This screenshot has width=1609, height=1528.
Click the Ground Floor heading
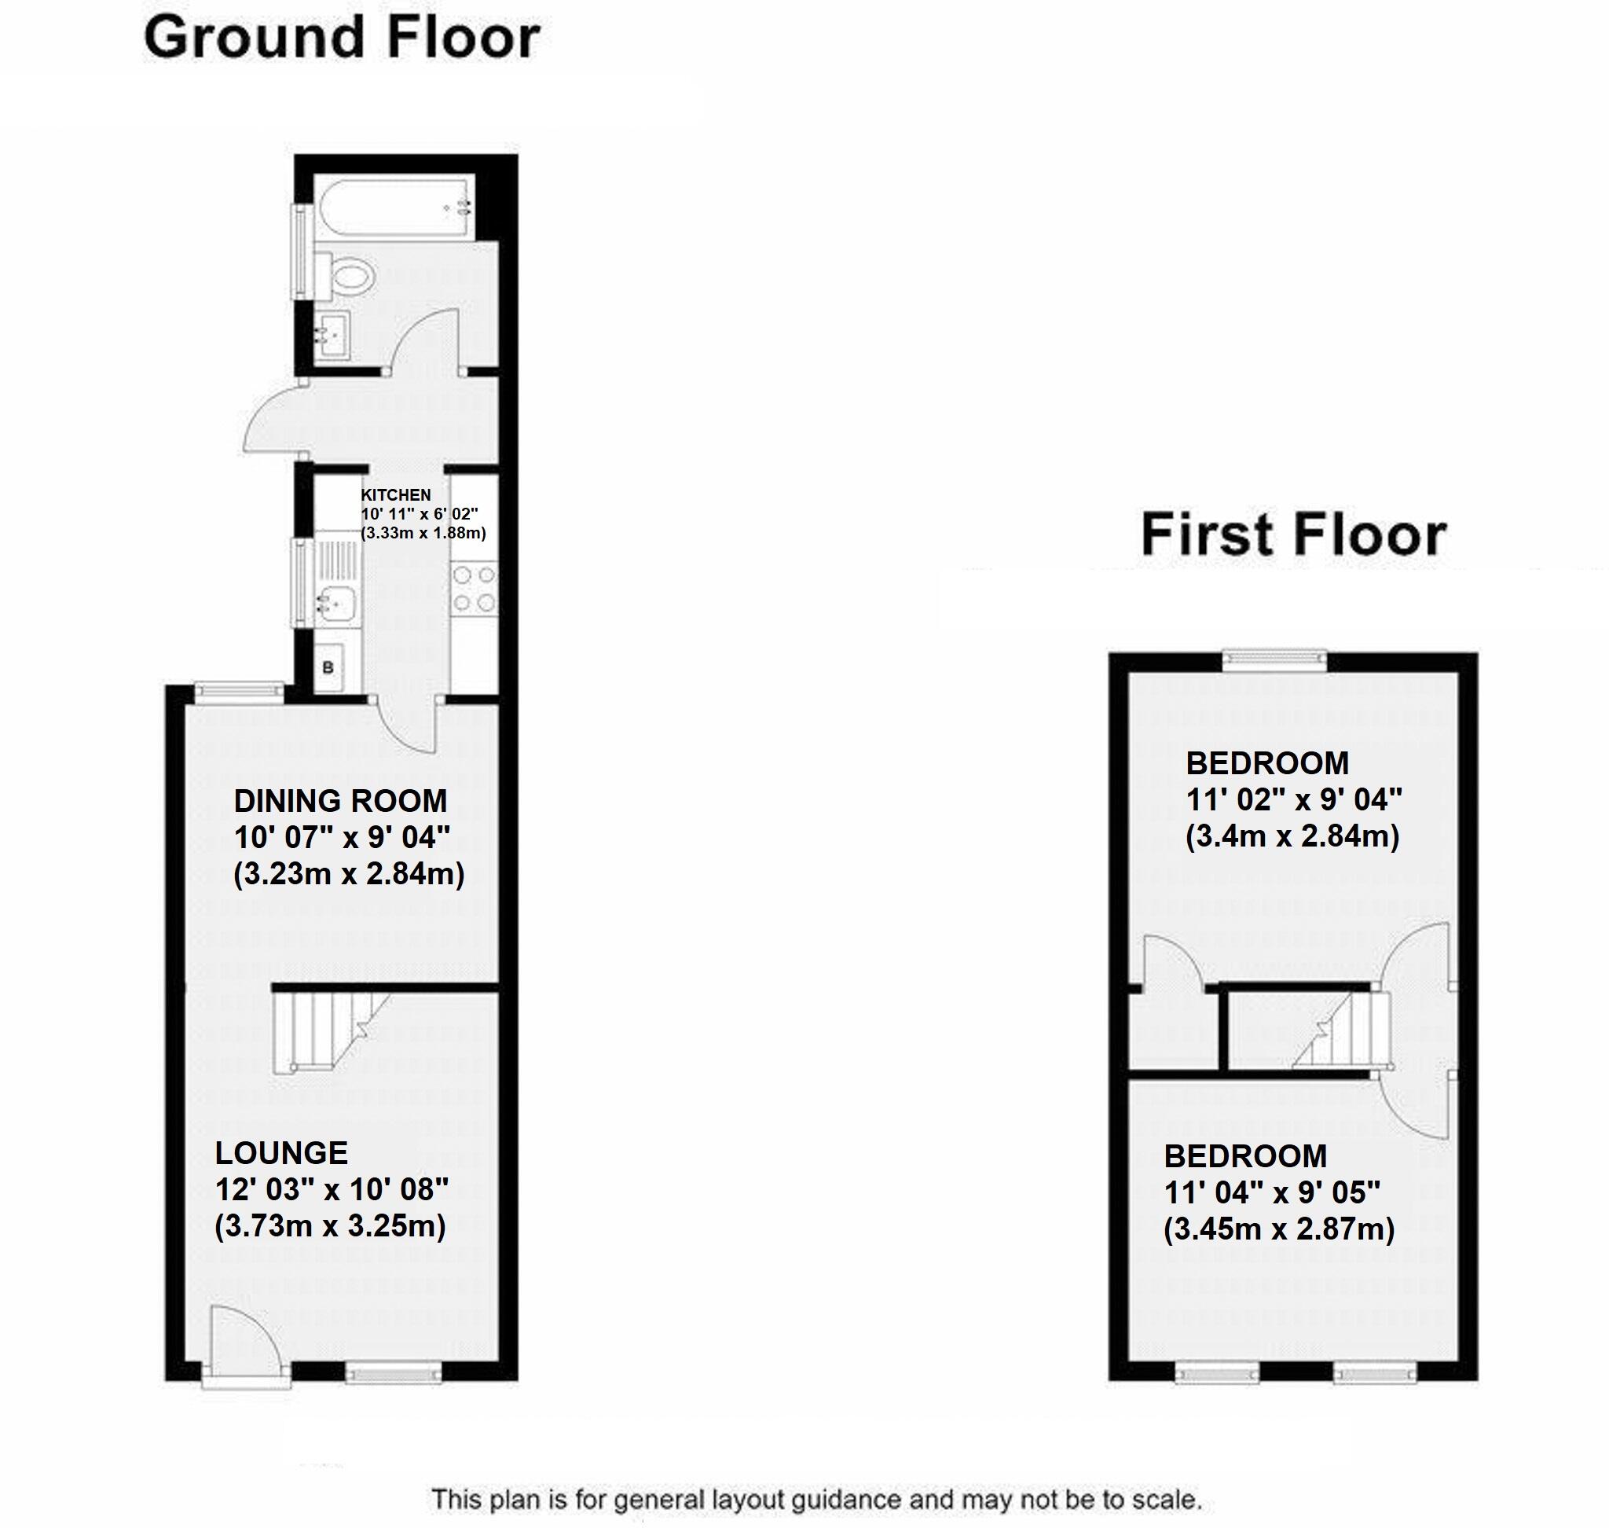[342, 39]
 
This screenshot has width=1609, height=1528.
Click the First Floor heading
[1293, 535]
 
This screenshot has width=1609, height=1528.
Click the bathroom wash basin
[332, 334]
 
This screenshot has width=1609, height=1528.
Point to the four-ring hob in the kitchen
[474, 588]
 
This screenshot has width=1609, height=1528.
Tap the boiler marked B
[328, 668]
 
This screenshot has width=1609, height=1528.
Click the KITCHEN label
[396, 494]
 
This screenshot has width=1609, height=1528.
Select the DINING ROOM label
[340, 801]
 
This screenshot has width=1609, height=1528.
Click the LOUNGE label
[282, 1152]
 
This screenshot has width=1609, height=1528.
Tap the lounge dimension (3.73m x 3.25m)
[331, 1226]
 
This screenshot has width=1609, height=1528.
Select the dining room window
[239, 691]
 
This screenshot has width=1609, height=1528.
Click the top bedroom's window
[1276, 659]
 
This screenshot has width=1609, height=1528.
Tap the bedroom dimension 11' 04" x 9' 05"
[1272, 1192]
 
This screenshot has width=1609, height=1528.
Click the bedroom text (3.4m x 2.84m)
[1292, 836]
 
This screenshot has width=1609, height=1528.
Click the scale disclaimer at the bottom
[816, 1499]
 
